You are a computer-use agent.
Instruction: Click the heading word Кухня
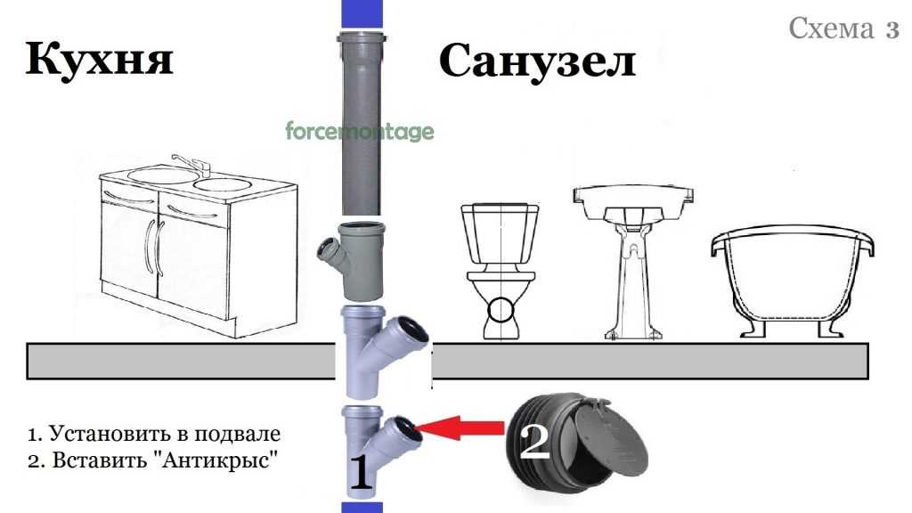pos(100,59)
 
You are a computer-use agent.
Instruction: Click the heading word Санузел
pos(537,61)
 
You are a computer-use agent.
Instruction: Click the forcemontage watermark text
pos(360,131)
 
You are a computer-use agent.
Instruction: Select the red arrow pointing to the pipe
pos(460,429)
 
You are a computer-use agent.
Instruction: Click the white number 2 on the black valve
pos(534,442)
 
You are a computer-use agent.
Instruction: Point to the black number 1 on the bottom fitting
pos(360,472)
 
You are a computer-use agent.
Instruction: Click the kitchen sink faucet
pos(191,164)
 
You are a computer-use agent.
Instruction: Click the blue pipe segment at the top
pos(362,14)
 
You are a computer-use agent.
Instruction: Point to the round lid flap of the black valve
pos(611,436)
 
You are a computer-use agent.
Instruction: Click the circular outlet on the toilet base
pos(501,310)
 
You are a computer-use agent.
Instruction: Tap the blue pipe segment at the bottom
pos(362,507)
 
